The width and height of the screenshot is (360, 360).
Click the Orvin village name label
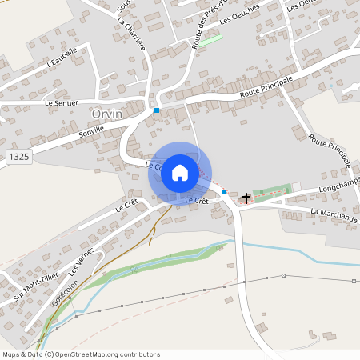tap(107, 114)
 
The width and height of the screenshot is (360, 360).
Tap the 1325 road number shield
tap(20, 157)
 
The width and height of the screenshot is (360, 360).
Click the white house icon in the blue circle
tap(180, 172)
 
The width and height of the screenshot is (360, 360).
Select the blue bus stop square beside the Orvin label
tap(157, 110)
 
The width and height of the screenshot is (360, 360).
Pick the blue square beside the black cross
tap(225, 192)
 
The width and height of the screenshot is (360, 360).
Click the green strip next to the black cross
tap(273, 192)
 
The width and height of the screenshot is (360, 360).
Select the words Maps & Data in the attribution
tap(21, 354)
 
